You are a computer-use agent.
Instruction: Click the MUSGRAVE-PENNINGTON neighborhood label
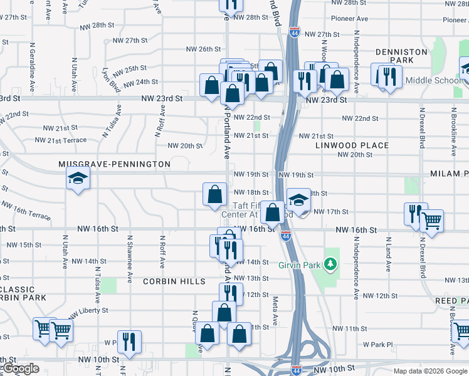tap(114, 164)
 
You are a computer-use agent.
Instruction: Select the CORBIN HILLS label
tap(174, 281)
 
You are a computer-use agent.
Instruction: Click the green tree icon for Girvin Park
tap(330, 264)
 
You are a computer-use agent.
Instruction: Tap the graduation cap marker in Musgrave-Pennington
tap(78, 180)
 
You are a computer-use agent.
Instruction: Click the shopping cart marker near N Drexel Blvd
tap(431, 221)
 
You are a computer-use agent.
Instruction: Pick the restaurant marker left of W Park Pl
tap(129, 341)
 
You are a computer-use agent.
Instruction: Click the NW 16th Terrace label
tap(26, 211)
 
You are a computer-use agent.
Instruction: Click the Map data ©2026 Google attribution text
tap(430, 371)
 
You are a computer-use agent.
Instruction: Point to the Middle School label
tap(433, 80)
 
